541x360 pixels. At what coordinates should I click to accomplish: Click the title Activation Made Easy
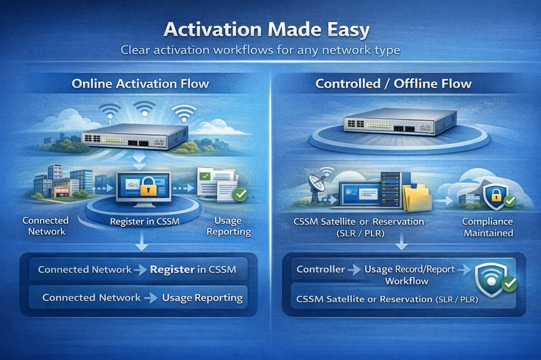pyautogui.click(x=266, y=30)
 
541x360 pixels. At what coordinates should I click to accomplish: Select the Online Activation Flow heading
pyautogui.click(x=140, y=83)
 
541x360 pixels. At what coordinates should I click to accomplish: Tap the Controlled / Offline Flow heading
pyautogui.click(x=393, y=83)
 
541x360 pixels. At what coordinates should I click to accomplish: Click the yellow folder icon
pyautogui.click(x=415, y=198)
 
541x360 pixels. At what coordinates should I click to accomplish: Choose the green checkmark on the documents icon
pyautogui.click(x=240, y=195)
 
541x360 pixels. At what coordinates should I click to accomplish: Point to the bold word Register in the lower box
pyautogui.click(x=172, y=269)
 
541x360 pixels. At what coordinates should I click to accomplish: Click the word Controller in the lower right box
pyautogui.click(x=321, y=269)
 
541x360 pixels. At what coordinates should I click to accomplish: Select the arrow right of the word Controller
pyautogui.click(x=354, y=269)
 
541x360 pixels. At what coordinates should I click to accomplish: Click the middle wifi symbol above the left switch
pyautogui.click(x=144, y=107)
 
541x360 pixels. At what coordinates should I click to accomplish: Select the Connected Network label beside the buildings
pyautogui.click(x=46, y=226)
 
